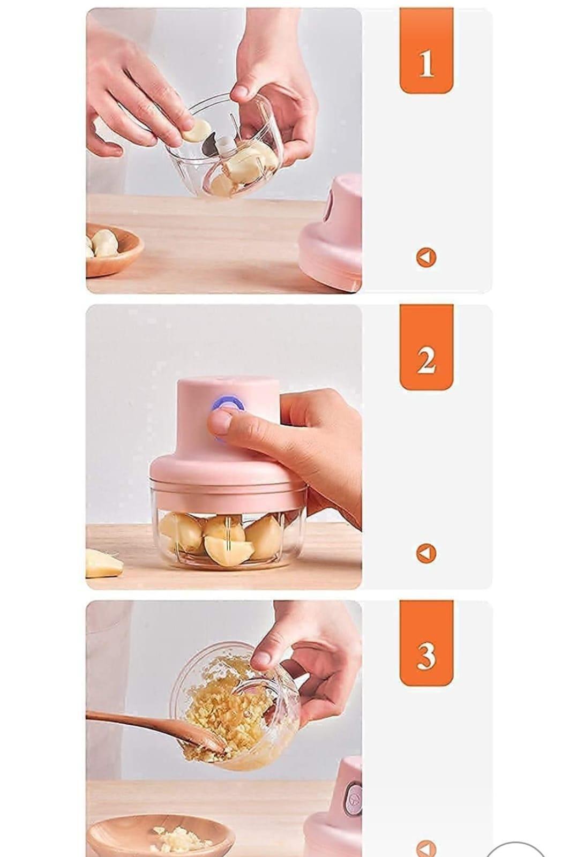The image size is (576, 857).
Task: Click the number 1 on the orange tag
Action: click(426, 64)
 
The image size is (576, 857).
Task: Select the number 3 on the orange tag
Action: click(426, 656)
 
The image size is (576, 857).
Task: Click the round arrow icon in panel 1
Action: click(426, 258)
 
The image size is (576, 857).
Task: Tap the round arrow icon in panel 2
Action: click(426, 553)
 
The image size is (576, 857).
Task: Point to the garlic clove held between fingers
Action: click(196, 130)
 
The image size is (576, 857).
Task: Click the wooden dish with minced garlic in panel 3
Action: click(161, 836)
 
